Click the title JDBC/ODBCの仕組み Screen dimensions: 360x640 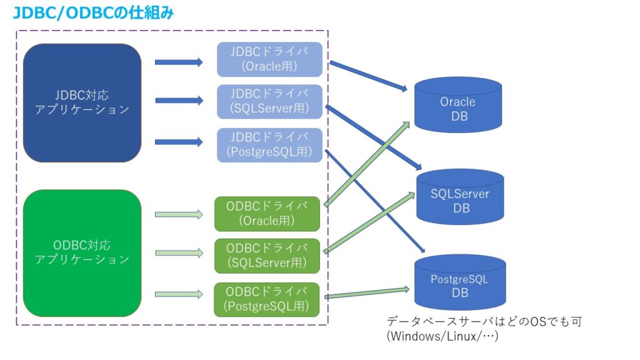click(94, 12)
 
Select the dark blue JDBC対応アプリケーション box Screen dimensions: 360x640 click(82, 102)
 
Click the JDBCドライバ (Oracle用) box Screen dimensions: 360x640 click(269, 59)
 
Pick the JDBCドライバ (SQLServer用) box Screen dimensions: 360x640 click(269, 102)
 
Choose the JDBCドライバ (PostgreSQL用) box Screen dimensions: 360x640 click(269, 145)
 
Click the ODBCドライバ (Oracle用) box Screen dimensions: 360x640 click(267, 213)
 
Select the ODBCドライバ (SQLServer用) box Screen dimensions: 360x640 click(267, 255)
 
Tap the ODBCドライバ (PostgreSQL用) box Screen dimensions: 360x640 click(267, 299)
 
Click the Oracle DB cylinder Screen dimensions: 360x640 click(458, 108)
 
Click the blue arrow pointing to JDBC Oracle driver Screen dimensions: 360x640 click(179, 62)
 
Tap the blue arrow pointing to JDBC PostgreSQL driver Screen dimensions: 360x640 click(179, 142)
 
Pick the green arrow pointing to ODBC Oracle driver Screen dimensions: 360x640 click(179, 214)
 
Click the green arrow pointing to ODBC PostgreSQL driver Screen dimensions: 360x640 click(179, 294)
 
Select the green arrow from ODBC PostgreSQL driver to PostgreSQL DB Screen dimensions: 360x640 click(367, 292)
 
